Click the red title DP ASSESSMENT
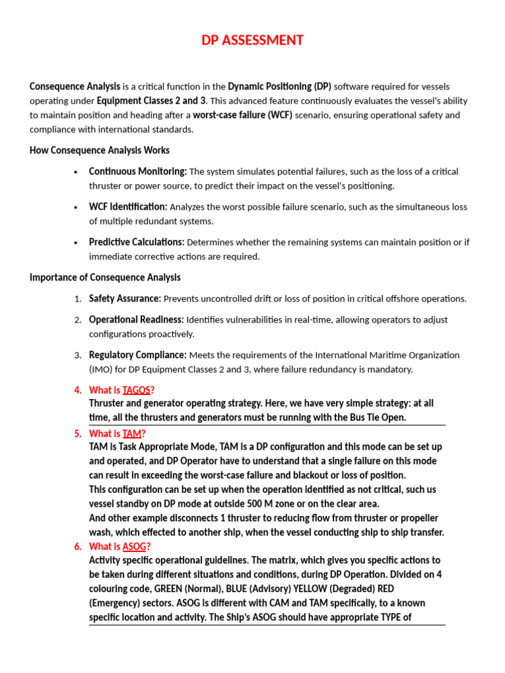[252, 41]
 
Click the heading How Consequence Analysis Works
[99, 151]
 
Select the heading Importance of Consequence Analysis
[105, 277]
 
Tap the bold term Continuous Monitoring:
[138, 172]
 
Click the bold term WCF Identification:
[128, 207]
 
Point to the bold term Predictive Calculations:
[137, 243]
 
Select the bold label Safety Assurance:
[125, 298]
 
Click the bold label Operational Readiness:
[136, 319]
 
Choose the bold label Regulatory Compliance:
[138, 355]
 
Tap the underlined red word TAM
[132, 434]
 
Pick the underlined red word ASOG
[134, 547]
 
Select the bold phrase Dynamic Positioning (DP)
[279, 86]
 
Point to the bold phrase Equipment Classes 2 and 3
[151, 101]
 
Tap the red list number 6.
[78, 547]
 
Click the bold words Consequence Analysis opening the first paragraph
[75, 86]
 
